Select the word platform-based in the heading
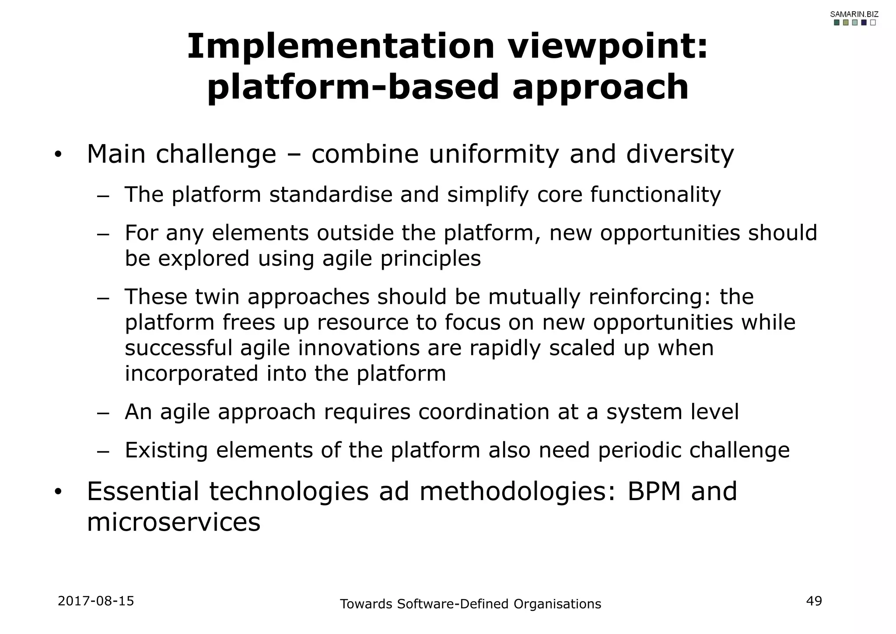click(353, 87)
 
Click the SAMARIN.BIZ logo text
click(854, 14)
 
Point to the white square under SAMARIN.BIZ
click(873, 23)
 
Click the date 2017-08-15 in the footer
click(96, 601)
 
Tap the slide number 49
click(814, 601)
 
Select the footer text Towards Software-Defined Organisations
click(470, 604)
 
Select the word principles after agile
click(430, 258)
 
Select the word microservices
click(173, 522)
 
